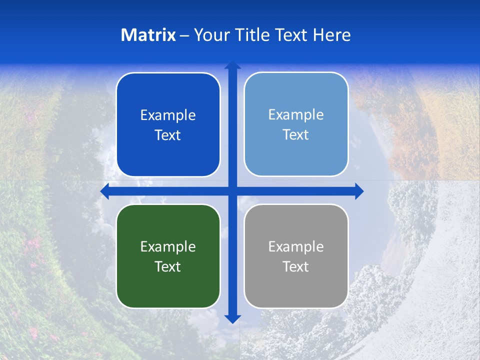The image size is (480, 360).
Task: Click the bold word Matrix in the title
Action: click(148, 35)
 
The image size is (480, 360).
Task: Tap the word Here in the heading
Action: click(331, 35)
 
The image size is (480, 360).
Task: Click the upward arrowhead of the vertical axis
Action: click(232, 65)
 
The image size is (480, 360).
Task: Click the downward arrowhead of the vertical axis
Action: click(232, 318)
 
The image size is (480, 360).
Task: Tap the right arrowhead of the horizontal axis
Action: click(358, 191)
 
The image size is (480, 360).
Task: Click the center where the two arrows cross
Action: click(232, 191)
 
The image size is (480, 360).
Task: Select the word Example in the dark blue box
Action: click(168, 115)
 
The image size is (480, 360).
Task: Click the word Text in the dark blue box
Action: click(168, 135)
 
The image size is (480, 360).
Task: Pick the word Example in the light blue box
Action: click(296, 115)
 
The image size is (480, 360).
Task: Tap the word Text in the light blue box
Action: click(296, 135)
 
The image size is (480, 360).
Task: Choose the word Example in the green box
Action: click(168, 246)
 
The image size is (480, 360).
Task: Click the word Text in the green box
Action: click(168, 266)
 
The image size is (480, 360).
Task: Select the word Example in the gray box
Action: click(296, 246)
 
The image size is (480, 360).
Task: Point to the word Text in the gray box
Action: click(296, 266)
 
